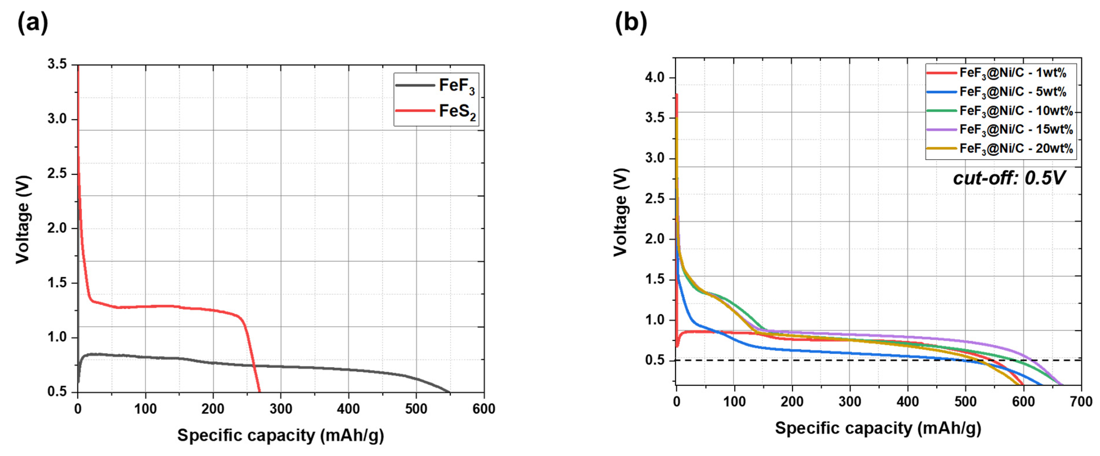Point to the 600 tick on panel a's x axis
484,409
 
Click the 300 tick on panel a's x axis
280,409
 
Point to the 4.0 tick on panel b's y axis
655,78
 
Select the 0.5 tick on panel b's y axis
655,360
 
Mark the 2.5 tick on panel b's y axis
655,199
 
